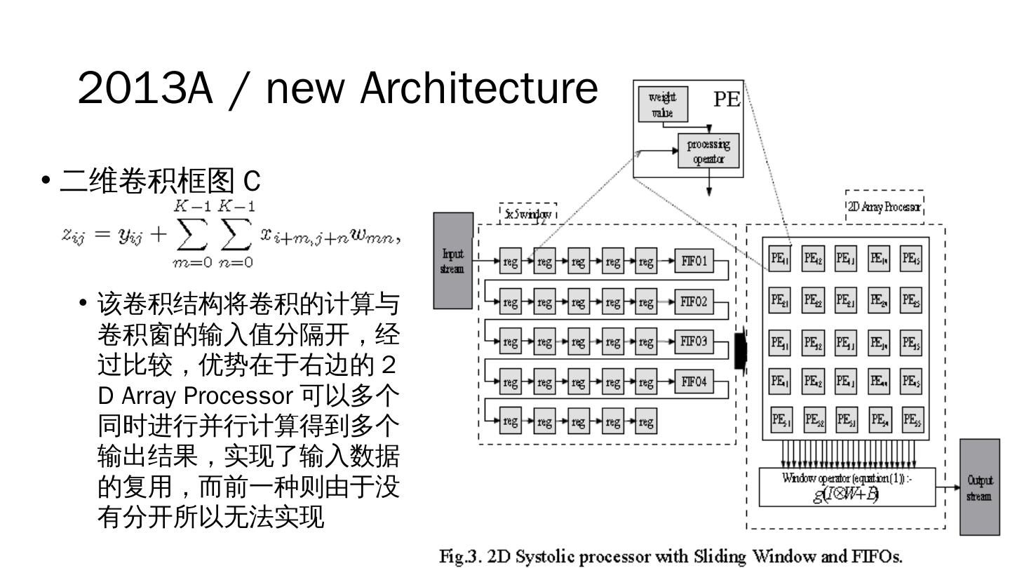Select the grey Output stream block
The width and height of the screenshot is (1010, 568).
(x=979, y=487)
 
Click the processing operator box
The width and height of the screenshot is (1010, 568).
(x=708, y=151)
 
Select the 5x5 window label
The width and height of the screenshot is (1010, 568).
(x=528, y=212)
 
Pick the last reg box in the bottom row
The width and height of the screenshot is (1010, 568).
(x=646, y=421)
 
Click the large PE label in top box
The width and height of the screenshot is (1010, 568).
(x=727, y=100)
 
